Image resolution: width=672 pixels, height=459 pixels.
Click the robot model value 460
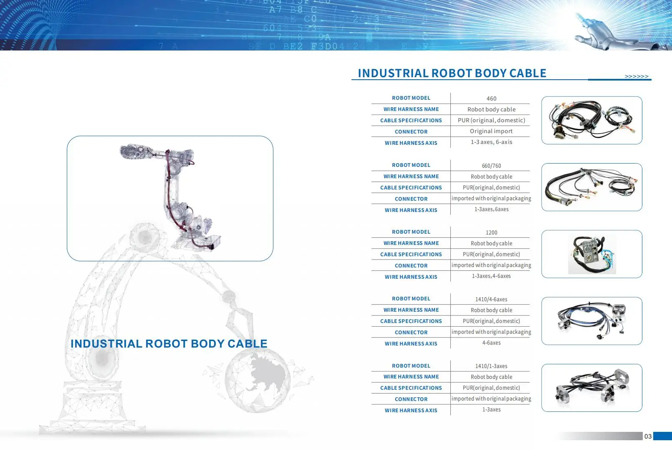click(x=491, y=98)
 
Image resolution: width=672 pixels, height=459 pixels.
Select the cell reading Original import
click(x=491, y=131)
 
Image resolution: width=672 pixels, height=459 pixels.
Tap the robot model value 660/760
click(x=491, y=166)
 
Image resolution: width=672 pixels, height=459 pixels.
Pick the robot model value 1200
click(x=491, y=232)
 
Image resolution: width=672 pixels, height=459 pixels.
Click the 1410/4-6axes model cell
click(x=491, y=299)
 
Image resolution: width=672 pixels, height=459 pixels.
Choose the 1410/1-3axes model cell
click(x=491, y=366)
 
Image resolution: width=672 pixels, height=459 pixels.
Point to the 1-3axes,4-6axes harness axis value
click(x=491, y=276)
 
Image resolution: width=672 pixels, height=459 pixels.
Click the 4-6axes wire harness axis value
click(x=491, y=343)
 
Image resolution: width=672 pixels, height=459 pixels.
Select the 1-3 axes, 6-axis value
click(x=491, y=142)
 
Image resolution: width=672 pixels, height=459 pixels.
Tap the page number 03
click(x=648, y=436)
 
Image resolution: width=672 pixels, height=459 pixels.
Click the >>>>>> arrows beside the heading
click(x=637, y=76)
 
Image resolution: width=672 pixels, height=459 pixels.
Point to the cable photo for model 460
click(x=591, y=120)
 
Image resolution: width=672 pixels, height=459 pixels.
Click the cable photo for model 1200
click(x=591, y=254)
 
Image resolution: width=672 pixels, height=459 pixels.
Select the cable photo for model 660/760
click(x=591, y=187)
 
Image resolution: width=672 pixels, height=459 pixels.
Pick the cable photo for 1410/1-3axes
click(x=591, y=388)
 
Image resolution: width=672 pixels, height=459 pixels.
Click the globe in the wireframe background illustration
click(x=257, y=380)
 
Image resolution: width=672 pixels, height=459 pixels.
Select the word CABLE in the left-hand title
click(x=247, y=344)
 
